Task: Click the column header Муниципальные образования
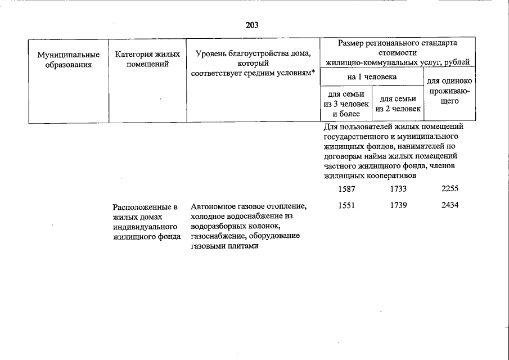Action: coord(69,60)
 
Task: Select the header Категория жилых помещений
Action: coord(147,59)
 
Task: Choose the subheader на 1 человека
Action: coord(372,76)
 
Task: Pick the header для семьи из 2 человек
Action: coord(398,104)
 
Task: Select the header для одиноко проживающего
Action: coord(449,91)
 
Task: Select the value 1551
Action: coord(347,205)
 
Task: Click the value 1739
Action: coord(398,205)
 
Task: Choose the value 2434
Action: coord(450,205)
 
